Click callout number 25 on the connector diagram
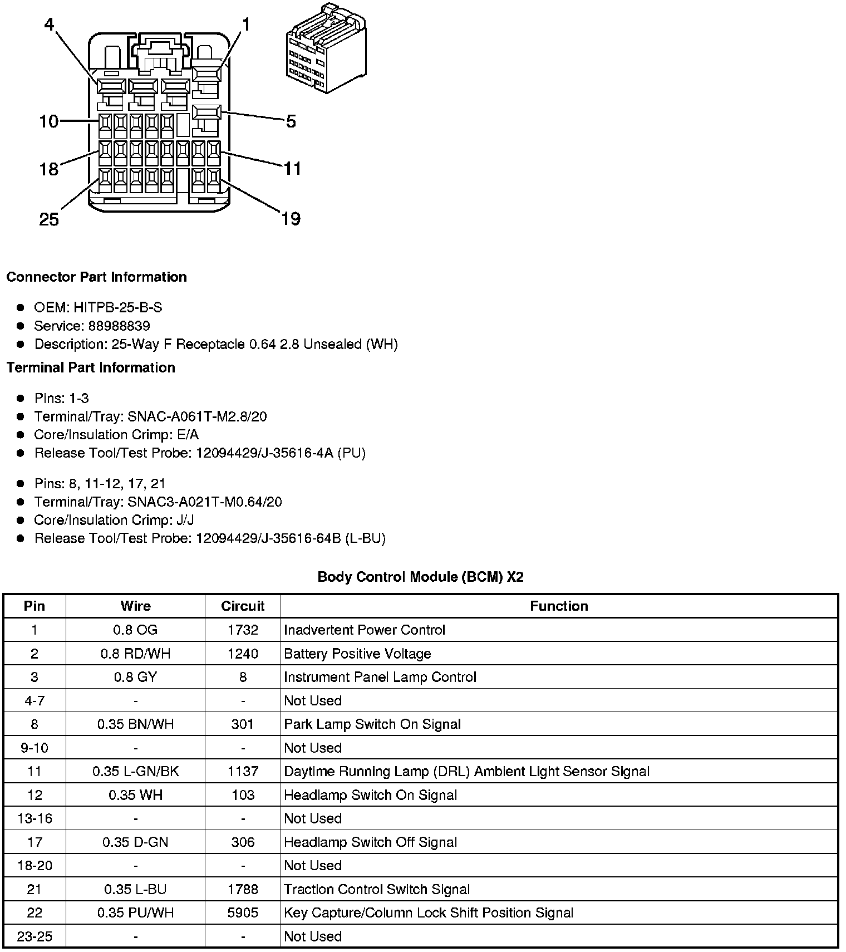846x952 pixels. click(49, 219)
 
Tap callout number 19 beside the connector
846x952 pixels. click(291, 219)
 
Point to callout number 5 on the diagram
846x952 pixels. click(291, 121)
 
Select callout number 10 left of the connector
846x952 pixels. click(49, 121)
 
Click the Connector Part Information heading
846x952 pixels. click(97, 277)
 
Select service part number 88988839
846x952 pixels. click(119, 326)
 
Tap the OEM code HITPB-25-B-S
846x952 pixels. click(117, 307)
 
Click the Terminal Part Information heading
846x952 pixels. click(91, 367)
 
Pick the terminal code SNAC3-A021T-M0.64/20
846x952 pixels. click(204, 502)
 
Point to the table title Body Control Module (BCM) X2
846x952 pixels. click(420, 577)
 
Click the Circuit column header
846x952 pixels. click(243, 606)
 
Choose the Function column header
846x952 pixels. click(559, 606)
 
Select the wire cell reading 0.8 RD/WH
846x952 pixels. click(135, 654)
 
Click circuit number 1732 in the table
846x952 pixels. click(243, 630)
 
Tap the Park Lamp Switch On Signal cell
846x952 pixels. click(372, 724)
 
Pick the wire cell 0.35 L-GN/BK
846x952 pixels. click(135, 772)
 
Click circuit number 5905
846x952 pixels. click(243, 913)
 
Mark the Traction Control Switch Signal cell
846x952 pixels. click(377, 890)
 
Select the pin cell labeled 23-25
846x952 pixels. click(35, 936)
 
